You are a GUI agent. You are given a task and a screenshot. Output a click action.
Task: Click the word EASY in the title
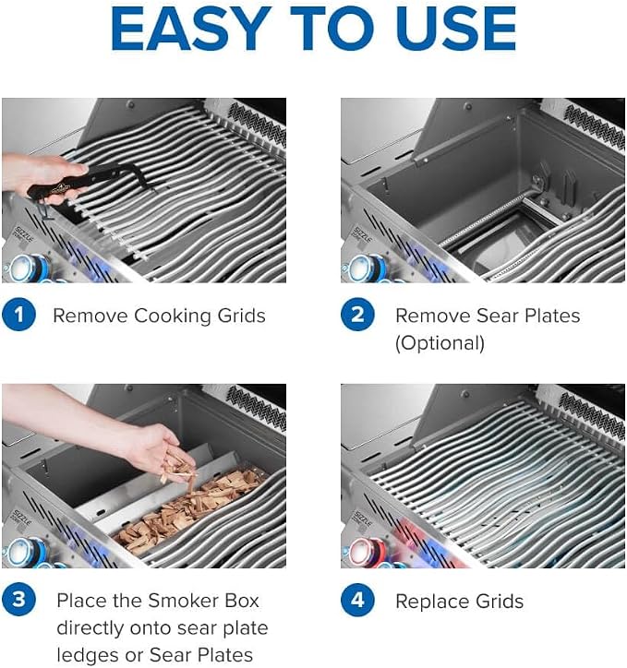pyautogui.click(x=190, y=29)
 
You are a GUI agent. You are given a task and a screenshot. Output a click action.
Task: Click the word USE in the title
pyautogui.click(x=458, y=29)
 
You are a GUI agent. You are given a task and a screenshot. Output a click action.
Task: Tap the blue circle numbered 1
pyautogui.click(x=18, y=315)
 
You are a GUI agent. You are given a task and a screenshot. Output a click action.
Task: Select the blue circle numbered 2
pyautogui.click(x=357, y=315)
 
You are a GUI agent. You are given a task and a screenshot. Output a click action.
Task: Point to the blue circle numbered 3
pyautogui.click(x=18, y=600)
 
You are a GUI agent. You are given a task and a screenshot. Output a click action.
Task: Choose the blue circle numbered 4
pyautogui.click(x=357, y=600)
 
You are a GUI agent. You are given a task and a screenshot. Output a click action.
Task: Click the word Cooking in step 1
pyautogui.click(x=173, y=316)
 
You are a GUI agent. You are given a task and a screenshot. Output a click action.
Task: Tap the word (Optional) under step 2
pyautogui.click(x=440, y=343)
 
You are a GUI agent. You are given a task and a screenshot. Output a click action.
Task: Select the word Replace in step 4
pyautogui.click(x=432, y=602)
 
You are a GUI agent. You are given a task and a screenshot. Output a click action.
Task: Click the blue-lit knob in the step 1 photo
pyautogui.click(x=28, y=268)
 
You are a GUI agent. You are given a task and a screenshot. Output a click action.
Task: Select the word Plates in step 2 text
pyautogui.click(x=552, y=316)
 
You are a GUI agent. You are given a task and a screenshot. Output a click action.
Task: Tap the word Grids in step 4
pyautogui.click(x=500, y=602)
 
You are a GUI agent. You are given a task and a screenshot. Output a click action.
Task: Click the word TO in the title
pyautogui.click(x=335, y=29)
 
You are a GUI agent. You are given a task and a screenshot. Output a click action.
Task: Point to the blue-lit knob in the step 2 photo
pyautogui.click(x=366, y=268)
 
